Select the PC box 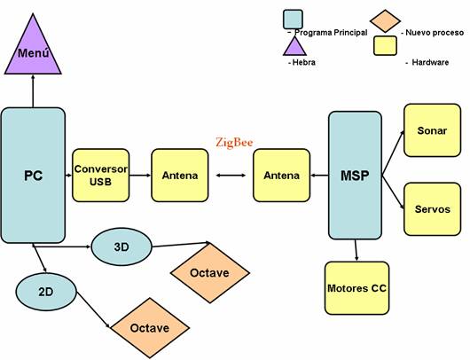(x=33, y=176)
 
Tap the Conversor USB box (x=101, y=176)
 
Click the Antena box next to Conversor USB (x=180, y=176)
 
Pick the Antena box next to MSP (x=281, y=176)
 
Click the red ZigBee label (x=234, y=143)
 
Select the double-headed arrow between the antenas (x=231, y=176)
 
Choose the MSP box (x=355, y=176)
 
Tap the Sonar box (x=432, y=130)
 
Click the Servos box (x=432, y=209)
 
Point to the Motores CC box (x=356, y=288)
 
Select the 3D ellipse (x=121, y=247)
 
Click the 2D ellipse (x=46, y=292)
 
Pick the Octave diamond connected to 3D (x=210, y=273)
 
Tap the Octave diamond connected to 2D (x=150, y=327)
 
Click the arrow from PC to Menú (x=33, y=91)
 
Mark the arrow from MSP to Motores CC (x=356, y=250)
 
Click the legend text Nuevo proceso (x=435, y=33)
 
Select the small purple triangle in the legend (x=295, y=46)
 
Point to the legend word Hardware (x=430, y=62)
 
